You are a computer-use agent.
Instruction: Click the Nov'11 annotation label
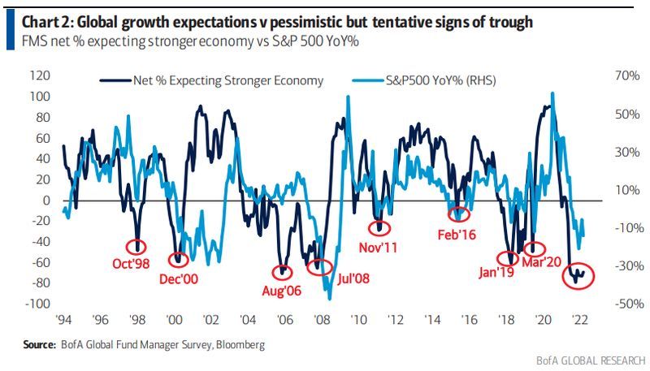[x=378, y=247]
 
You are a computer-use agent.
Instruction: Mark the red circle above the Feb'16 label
[x=460, y=214]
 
